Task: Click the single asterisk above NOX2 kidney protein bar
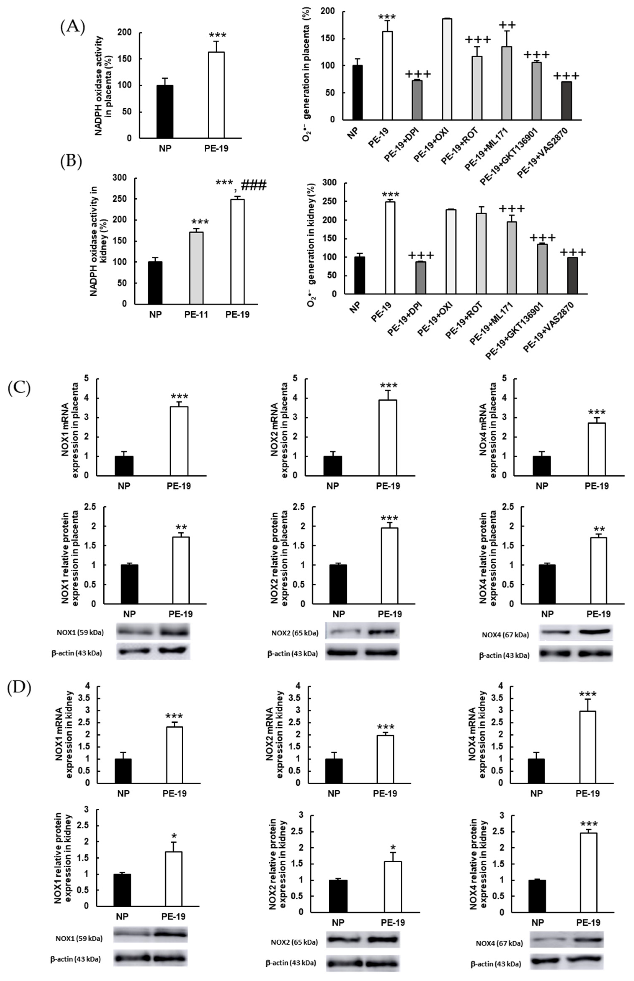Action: tap(393, 848)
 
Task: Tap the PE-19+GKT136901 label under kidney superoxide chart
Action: tap(515, 330)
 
